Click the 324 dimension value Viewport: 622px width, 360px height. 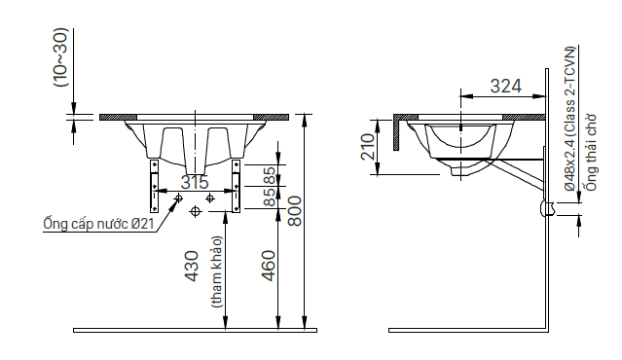[x=506, y=86]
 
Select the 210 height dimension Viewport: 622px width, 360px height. [x=368, y=147]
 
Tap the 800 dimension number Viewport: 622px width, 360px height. [x=294, y=211]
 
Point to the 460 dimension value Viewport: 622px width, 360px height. [x=268, y=266]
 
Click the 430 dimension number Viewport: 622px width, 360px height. [x=192, y=266]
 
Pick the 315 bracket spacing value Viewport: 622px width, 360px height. [x=195, y=182]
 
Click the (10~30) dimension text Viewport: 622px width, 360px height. [x=60, y=57]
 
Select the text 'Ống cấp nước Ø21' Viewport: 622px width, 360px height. [x=98, y=224]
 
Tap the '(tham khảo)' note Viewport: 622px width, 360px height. [x=217, y=272]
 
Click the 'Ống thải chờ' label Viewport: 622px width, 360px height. [x=591, y=153]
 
